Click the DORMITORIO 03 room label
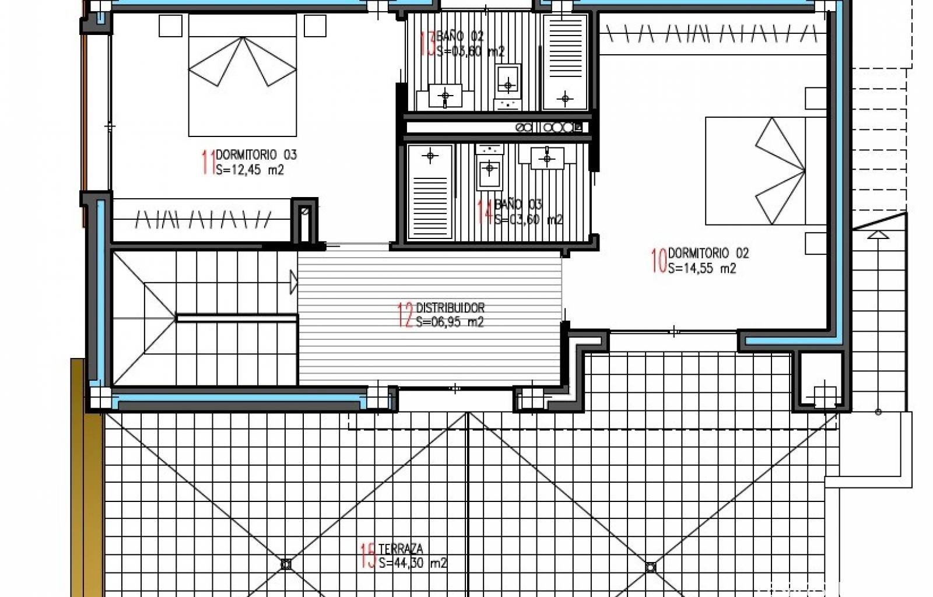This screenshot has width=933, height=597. pyautogui.click(x=256, y=154)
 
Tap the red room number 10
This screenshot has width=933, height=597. pyautogui.click(x=659, y=261)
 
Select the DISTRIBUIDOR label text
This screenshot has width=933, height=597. pyautogui.click(x=450, y=307)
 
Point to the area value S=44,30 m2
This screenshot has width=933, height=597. pyautogui.click(x=412, y=563)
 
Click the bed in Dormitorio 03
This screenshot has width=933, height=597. pyautogui.click(x=243, y=75)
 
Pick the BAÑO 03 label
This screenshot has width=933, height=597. pyautogui.click(x=518, y=205)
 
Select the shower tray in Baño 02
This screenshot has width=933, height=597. pyautogui.click(x=564, y=62)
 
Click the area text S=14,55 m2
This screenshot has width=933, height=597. pyautogui.click(x=702, y=268)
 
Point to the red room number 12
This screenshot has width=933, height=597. pyautogui.click(x=405, y=315)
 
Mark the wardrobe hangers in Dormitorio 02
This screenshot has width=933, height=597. pyautogui.click(x=711, y=34)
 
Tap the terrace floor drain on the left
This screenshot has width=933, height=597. pyautogui.click(x=286, y=564)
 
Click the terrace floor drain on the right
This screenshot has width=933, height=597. pyautogui.click(x=651, y=567)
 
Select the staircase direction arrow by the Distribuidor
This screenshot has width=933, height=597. pyautogui.click(x=293, y=282)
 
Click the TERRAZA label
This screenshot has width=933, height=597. pyautogui.click(x=401, y=549)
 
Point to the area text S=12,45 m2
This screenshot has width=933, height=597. pyautogui.click(x=250, y=170)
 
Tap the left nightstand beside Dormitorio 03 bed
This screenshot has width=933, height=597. pyautogui.click(x=171, y=26)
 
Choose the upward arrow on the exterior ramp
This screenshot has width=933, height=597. pyautogui.click(x=878, y=236)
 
